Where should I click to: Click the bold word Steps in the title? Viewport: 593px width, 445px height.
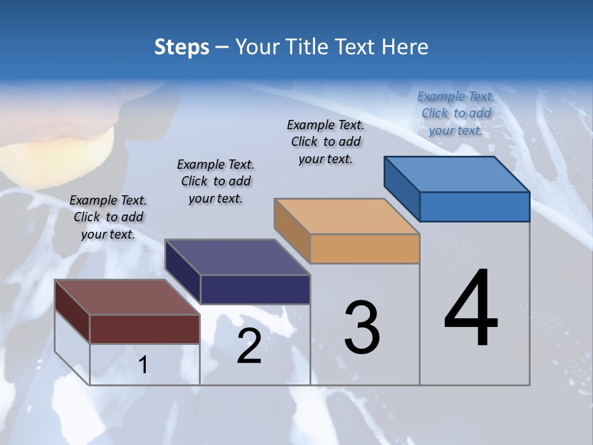pos(182,47)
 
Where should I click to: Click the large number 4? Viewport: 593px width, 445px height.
pos(471,309)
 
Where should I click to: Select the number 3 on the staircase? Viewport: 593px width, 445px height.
pos(362,328)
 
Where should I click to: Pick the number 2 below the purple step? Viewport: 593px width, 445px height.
pos(249,346)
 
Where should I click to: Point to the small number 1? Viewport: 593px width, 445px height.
pos(143,365)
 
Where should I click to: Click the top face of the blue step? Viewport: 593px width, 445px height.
pos(457,174)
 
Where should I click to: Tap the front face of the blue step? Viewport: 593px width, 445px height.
pos(474,206)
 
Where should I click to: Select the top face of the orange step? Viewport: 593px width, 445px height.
pos(347,217)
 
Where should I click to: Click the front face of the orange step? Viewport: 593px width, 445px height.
pos(364,249)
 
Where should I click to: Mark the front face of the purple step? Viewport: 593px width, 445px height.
pos(255,289)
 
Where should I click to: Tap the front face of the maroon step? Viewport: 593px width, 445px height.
pos(145,329)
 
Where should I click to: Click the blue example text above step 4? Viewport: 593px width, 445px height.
pos(456,113)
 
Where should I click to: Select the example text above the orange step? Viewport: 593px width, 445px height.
pos(326,142)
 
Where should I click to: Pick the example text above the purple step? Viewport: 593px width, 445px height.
pos(216,181)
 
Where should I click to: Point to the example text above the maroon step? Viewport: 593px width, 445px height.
pos(108,217)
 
